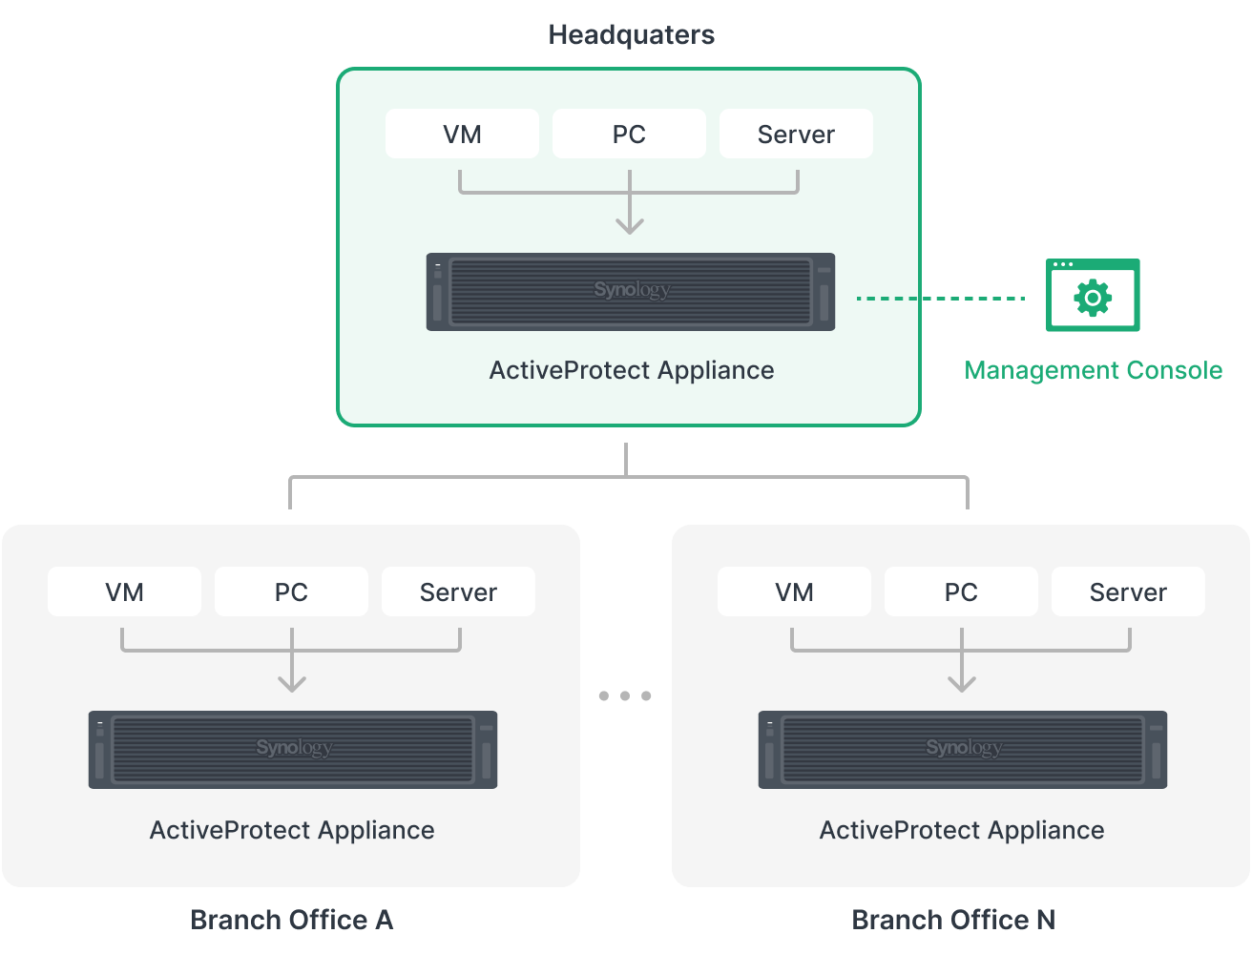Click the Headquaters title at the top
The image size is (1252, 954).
pos(631,35)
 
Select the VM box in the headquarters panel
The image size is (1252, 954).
pos(462,134)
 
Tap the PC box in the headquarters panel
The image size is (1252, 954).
pos(629,134)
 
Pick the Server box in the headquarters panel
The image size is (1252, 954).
pos(796,134)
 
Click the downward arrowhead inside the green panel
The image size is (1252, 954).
pos(629,225)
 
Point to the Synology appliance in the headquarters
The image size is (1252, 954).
pos(630,292)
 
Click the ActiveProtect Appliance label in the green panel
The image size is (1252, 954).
pos(631,370)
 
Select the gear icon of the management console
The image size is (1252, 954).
pos(1093,299)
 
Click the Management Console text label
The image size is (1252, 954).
pos(1093,370)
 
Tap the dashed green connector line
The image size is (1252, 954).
pos(973,299)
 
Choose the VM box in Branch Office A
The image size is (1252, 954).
pos(124,591)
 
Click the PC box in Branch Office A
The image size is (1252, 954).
pos(291,591)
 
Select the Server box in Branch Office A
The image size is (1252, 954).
pos(458,591)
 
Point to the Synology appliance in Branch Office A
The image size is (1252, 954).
pos(293,750)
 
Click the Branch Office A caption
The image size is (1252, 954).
pos(291,920)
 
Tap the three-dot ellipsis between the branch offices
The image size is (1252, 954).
pos(625,695)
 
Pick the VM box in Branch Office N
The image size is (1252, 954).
pos(794,591)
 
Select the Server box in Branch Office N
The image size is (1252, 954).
pos(1128,591)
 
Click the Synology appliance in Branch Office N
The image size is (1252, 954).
pos(963,750)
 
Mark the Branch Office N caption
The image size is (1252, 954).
pos(952,920)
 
